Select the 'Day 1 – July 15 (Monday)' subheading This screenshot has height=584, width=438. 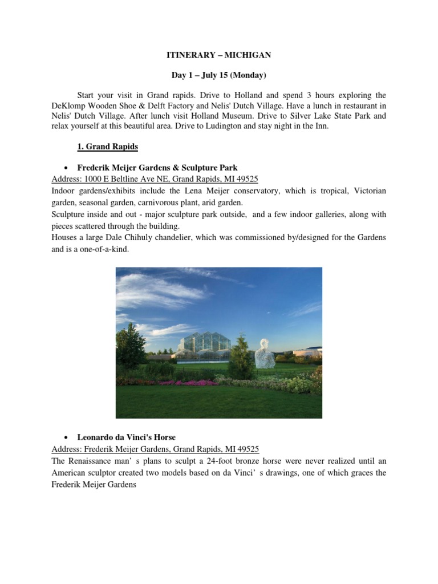click(x=219, y=75)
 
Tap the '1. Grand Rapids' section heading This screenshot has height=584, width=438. click(x=107, y=147)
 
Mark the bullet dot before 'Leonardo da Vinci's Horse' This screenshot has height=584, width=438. click(x=67, y=437)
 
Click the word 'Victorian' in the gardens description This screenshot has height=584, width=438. click(x=366, y=190)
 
